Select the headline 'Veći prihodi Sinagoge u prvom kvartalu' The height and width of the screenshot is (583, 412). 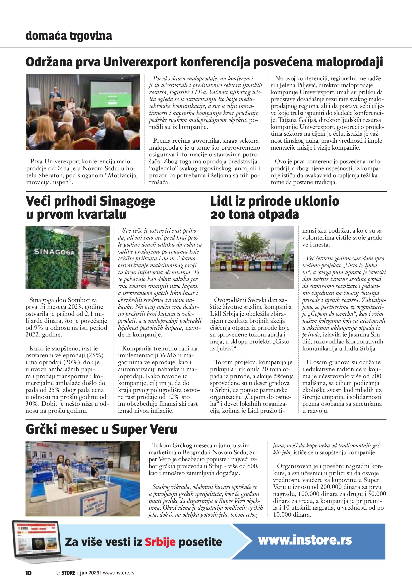click(x=90, y=208)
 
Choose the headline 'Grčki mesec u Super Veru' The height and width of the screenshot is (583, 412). click(x=101, y=430)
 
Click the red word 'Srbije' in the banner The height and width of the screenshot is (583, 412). click(x=160, y=542)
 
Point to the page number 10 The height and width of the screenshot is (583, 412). click(x=29, y=573)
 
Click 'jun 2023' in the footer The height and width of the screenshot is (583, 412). click(x=89, y=573)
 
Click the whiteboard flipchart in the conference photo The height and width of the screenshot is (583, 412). click(x=34, y=97)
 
